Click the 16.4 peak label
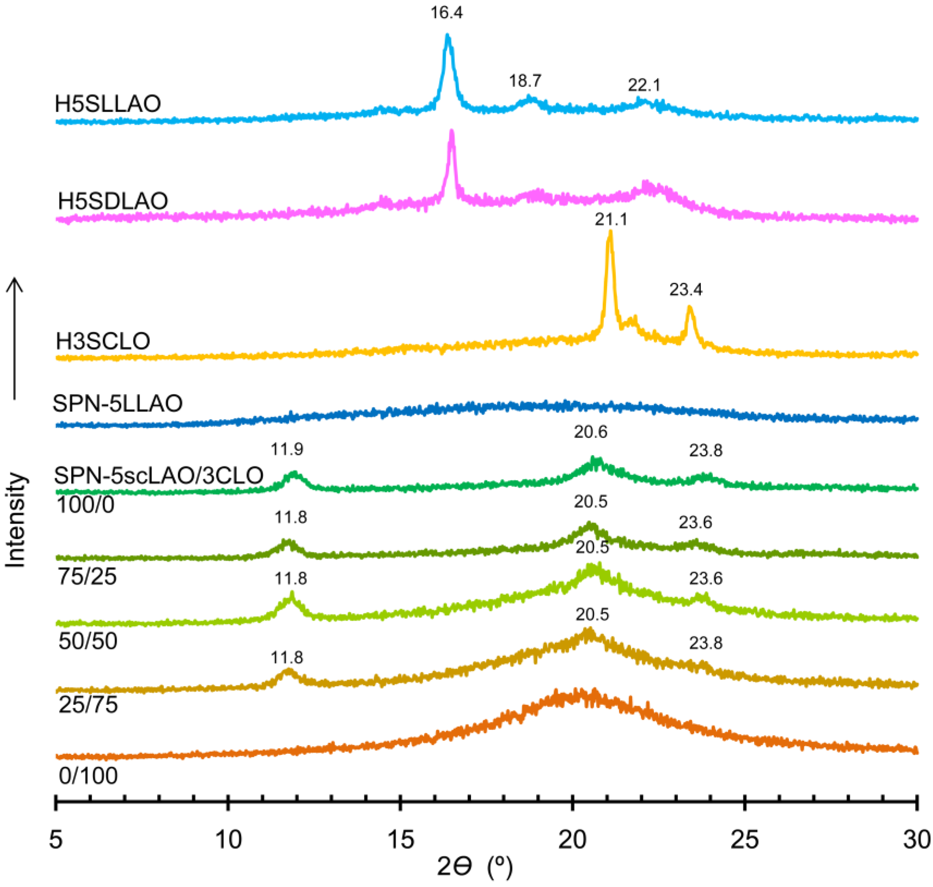tap(446, 13)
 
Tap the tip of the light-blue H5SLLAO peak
tap(447, 36)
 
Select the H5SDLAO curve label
tap(112, 201)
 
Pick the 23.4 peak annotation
tap(686, 289)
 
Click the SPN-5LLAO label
tap(117, 403)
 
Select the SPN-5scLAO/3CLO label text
tap(158, 475)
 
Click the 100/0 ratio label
tap(85, 505)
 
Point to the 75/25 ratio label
tap(87, 577)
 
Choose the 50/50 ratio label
tap(87, 642)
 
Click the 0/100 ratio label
tap(88, 776)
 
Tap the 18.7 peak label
tap(525, 81)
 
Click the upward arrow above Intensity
tap(15, 338)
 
